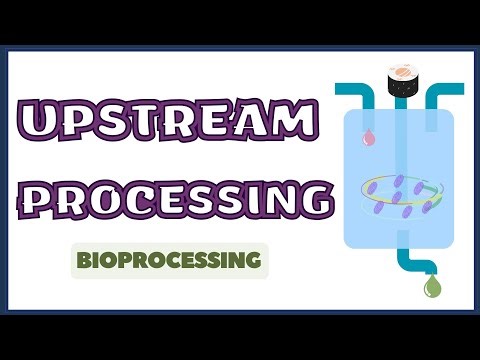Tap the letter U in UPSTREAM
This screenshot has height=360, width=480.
tap(43, 123)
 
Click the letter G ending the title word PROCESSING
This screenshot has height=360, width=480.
tap(311, 197)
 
